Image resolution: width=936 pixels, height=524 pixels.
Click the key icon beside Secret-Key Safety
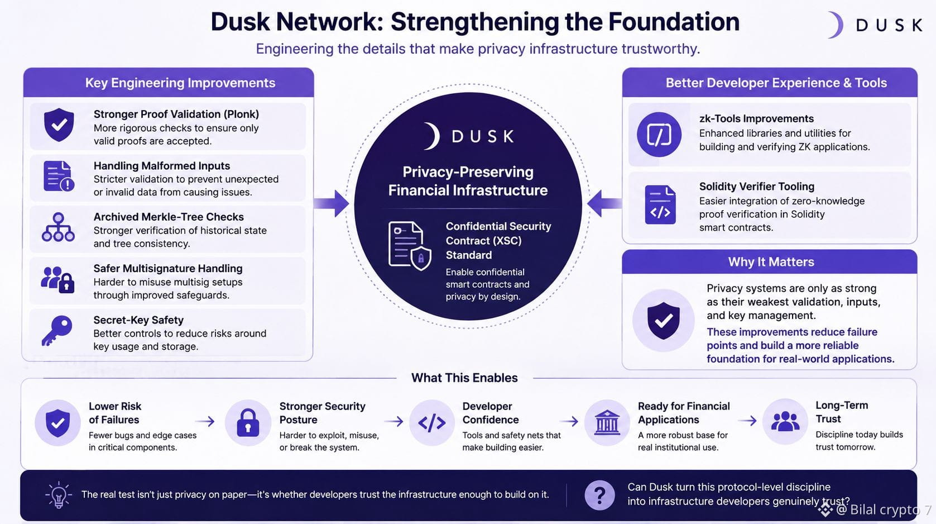[57, 330]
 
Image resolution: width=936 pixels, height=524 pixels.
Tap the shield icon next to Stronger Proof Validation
[59, 125]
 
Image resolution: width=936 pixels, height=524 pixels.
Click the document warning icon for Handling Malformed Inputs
[59, 176]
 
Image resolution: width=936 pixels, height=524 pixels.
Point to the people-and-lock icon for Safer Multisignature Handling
[57, 279]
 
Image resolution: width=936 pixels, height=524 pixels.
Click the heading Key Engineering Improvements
[180, 83]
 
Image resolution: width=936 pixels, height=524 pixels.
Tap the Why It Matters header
[771, 262]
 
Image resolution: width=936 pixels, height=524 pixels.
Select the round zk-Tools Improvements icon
[659, 135]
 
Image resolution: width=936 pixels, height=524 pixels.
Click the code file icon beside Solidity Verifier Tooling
[660, 204]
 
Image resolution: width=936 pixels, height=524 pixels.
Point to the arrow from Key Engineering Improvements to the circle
[332, 204]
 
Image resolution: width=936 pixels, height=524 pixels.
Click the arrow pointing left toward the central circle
[604, 204]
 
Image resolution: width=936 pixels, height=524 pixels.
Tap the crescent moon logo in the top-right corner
[836, 25]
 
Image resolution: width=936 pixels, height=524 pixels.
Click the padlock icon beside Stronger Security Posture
[248, 422]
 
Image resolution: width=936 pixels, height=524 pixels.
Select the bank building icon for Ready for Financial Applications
[607, 422]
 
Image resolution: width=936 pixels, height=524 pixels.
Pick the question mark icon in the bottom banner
[599, 495]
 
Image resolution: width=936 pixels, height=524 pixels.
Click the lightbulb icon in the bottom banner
[59, 495]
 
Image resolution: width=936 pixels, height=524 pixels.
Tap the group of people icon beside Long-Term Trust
[785, 422]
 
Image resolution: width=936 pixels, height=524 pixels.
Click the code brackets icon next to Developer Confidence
[431, 423]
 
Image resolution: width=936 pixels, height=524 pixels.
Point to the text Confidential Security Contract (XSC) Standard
[498, 240]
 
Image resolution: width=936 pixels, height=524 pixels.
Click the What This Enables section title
[464, 378]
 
